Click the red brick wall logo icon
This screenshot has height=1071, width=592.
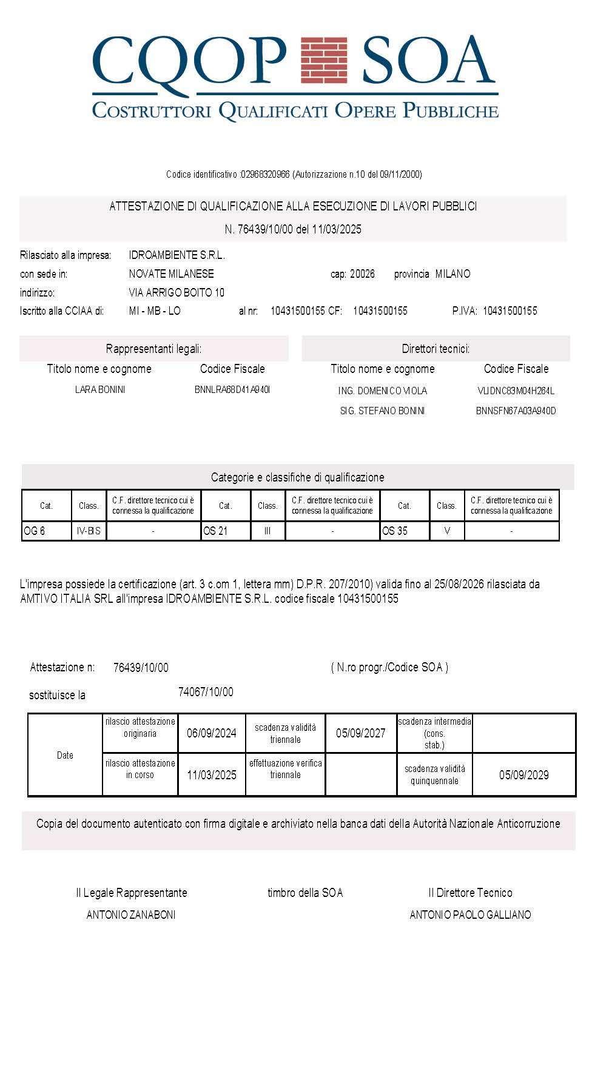tap(325, 60)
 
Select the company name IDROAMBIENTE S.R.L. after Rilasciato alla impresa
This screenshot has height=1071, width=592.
tap(177, 255)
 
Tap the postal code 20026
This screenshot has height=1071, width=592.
tap(362, 274)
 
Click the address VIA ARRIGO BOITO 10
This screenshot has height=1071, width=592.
tap(177, 293)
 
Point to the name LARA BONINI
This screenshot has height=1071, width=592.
tap(100, 390)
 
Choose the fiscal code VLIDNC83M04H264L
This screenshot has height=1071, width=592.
tap(516, 391)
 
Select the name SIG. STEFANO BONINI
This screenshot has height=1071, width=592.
tap(382, 411)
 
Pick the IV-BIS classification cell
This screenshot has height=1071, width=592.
tap(89, 531)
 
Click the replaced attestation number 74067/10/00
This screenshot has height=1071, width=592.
tap(206, 693)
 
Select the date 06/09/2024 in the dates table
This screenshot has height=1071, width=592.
tap(211, 734)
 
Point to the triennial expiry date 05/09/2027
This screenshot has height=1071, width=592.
tap(360, 734)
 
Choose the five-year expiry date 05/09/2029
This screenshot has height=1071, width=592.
tap(523, 775)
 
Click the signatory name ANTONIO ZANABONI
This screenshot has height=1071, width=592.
tap(131, 915)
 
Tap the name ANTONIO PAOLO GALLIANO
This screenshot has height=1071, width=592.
tap(470, 915)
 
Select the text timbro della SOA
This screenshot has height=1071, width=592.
tap(305, 893)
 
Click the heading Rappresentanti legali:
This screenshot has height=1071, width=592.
tap(153, 349)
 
